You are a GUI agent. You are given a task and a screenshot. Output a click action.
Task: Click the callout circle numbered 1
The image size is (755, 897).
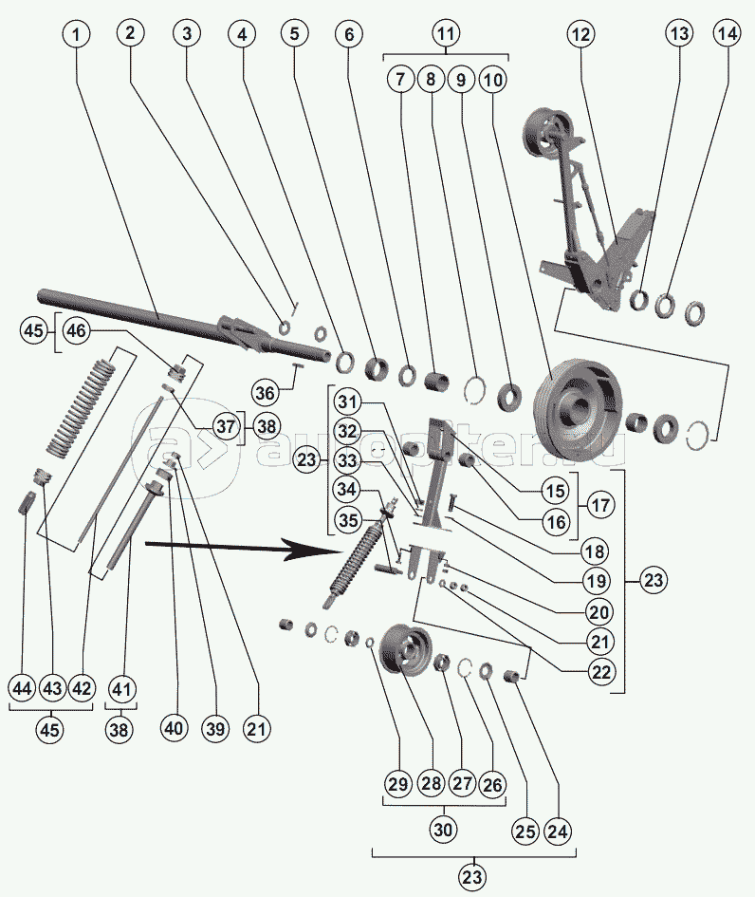[x=78, y=35]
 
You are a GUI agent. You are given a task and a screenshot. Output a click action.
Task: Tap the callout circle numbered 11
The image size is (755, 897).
[x=446, y=35]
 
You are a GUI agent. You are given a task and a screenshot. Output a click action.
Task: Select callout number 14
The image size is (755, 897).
[x=727, y=35]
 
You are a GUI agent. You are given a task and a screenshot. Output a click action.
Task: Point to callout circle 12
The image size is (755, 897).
[x=580, y=35]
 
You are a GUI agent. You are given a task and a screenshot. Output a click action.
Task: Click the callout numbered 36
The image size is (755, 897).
[x=267, y=391]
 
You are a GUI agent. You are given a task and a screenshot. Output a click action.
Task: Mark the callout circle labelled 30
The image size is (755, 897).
[x=444, y=829]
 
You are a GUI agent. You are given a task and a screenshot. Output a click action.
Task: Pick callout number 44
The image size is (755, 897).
[x=23, y=688]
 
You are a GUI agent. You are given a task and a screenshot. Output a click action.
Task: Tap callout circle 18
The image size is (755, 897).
[x=597, y=551]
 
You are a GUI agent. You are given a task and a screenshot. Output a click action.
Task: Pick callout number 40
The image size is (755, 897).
[x=172, y=729]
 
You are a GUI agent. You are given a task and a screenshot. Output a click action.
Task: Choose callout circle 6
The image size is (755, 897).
[x=348, y=35]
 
